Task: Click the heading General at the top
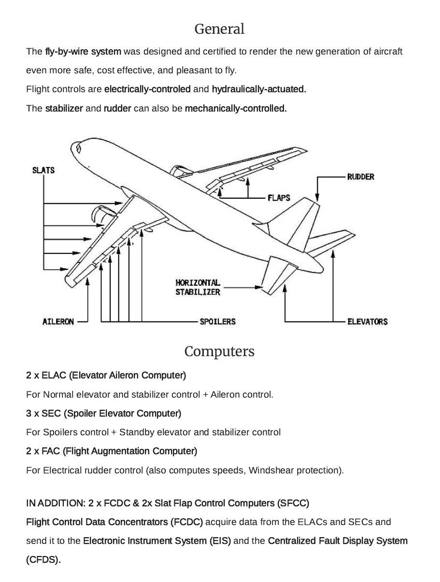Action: (219, 29)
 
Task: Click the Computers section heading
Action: (219, 351)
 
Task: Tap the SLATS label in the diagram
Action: (43, 170)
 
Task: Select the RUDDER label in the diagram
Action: (360, 177)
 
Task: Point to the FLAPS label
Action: (279, 198)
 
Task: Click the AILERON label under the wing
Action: (58, 321)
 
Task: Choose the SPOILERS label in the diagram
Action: (218, 321)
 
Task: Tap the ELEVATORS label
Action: (367, 321)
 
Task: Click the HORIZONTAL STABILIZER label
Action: (198, 287)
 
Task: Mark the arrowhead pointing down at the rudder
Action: (317, 197)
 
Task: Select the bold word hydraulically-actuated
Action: (259, 89)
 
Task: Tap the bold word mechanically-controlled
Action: (236, 109)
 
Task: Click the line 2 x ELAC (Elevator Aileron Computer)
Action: (106, 375)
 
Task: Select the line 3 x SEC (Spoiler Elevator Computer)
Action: (103, 414)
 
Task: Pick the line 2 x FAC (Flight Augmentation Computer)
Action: (112, 451)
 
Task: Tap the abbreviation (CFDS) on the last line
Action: (43, 560)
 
